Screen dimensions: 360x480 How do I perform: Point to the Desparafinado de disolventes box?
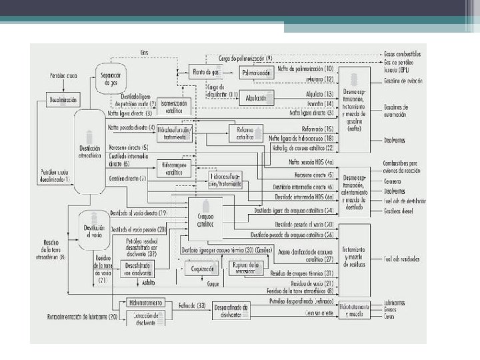pyautogui.click(x=231, y=310)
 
